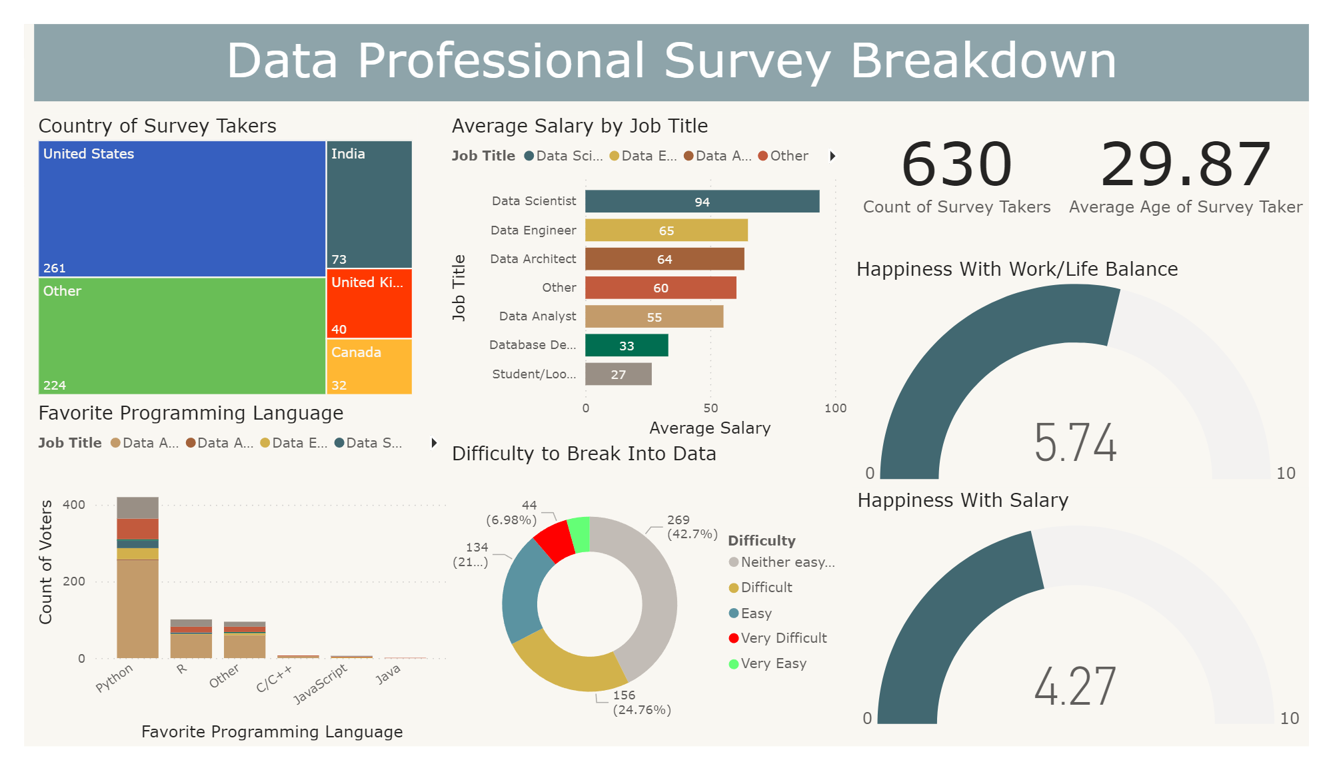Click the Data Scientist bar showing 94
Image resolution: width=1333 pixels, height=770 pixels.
[702, 202]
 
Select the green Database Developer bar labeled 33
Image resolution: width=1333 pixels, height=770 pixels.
[626, 346]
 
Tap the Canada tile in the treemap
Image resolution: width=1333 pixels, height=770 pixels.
[369, 367]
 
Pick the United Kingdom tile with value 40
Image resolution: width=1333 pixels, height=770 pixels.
[369, 304]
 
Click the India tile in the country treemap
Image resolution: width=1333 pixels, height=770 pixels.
[369, 204]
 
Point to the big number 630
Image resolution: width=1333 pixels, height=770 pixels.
[956, 165]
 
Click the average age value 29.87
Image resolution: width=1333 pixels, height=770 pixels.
[1185, 165]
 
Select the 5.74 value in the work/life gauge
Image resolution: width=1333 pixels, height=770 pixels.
[1075, 443]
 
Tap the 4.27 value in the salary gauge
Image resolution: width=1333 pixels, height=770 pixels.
[1075, 687]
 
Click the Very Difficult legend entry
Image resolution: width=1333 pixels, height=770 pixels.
[783, 638]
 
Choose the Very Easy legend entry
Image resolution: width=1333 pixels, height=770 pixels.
[773, 663]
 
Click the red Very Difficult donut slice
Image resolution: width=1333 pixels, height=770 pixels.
[555, 540]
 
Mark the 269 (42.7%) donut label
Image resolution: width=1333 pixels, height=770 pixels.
[691, 527]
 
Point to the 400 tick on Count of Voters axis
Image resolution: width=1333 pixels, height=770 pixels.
[74, 504]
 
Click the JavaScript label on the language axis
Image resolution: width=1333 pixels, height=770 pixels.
[321, 683]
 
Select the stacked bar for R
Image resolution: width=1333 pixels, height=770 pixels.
[191, 639]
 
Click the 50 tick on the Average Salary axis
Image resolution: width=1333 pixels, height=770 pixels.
[710, 408]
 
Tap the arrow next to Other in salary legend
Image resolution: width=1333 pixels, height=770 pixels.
[832, 156]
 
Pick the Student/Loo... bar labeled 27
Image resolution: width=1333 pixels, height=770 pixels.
[618, 374]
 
